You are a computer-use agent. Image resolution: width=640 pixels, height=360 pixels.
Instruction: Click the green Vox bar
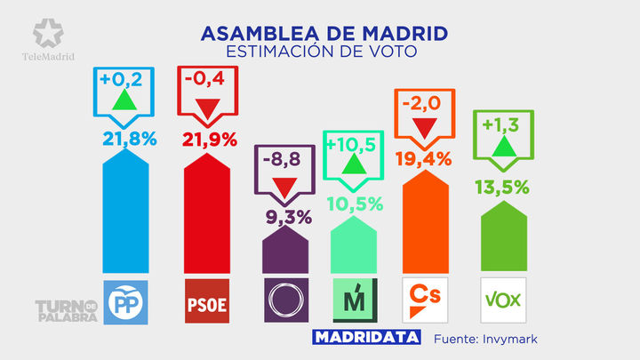tap(504, 236)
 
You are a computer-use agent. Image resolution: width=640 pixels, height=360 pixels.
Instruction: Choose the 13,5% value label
tap(504, 187)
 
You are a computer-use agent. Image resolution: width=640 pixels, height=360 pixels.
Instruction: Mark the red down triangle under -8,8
tap(284, 188)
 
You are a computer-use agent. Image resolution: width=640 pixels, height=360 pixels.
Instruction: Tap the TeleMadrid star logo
tap(48, 35)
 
